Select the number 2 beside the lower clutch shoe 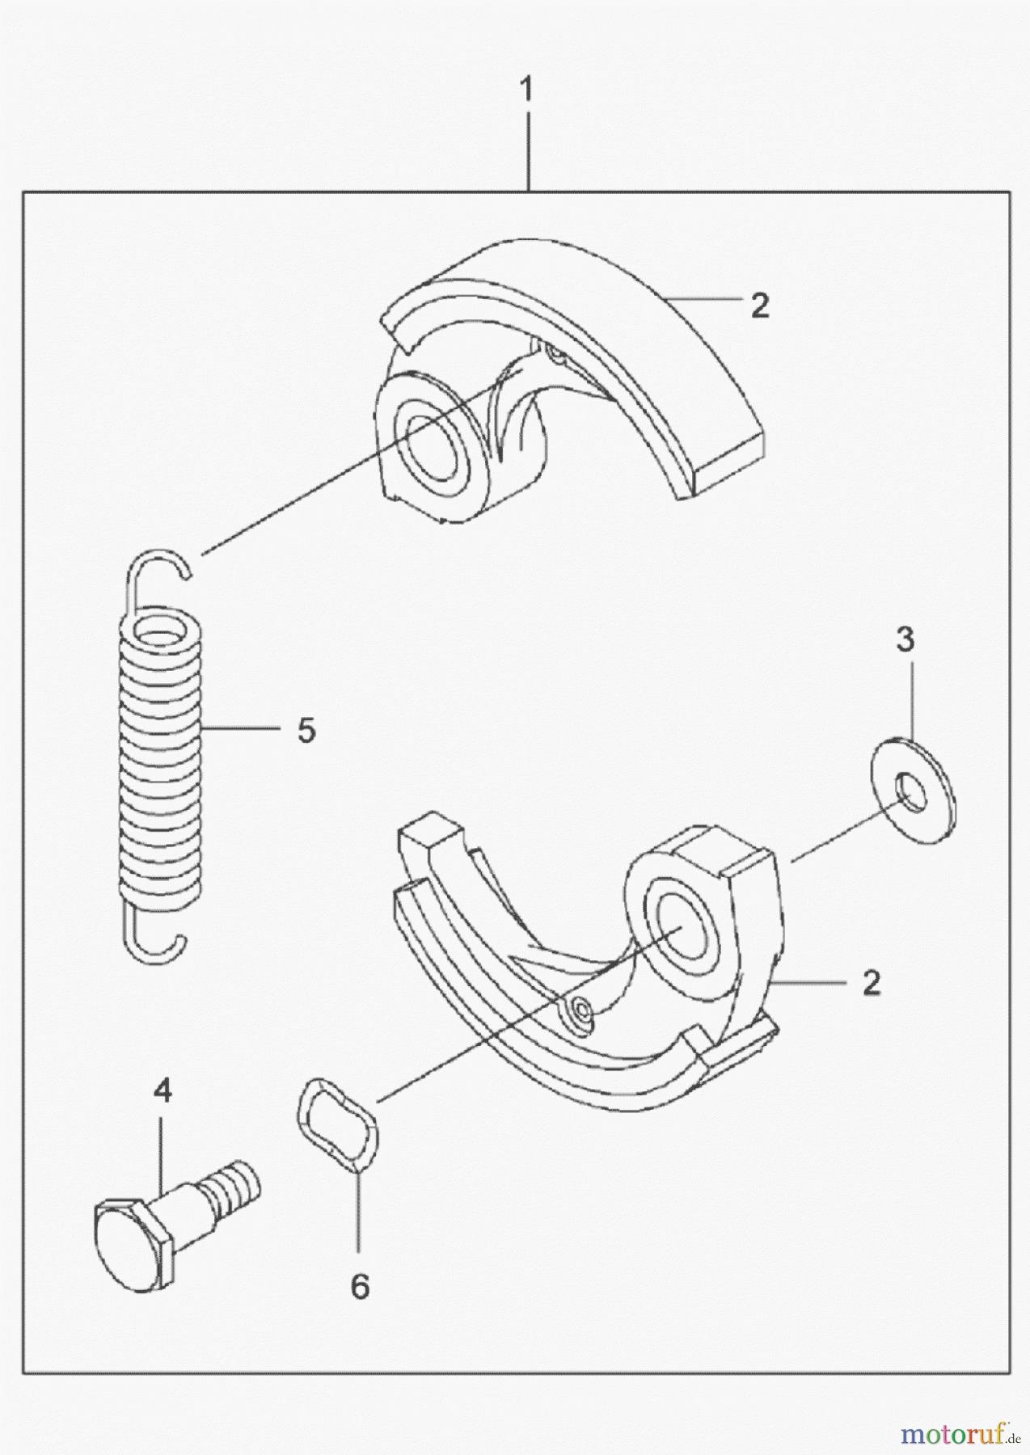[x=871, y=983]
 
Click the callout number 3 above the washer [x=905, y=640]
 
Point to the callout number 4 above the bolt [x=163, y=1092]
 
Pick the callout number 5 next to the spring [x=306, y=731]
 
